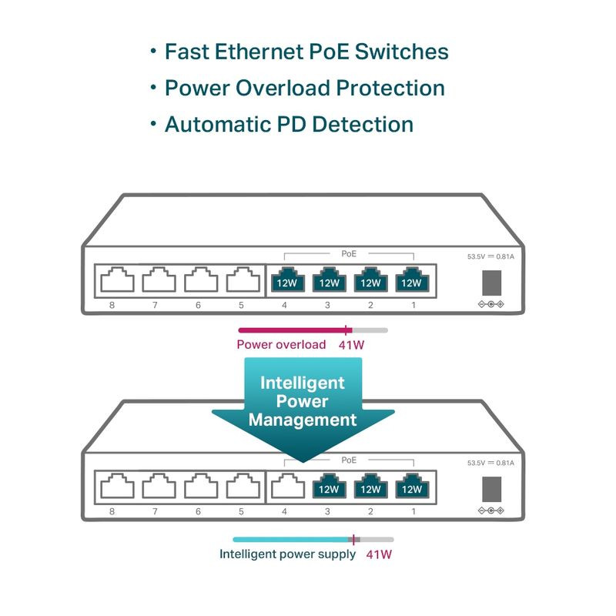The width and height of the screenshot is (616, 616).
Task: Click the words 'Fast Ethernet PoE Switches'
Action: click(x=306, y=52)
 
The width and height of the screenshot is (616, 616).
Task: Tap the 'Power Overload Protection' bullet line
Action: click(x=305, y=88)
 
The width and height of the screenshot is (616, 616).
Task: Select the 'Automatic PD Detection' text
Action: click(x=289, y=124)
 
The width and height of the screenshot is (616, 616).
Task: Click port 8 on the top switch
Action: click(x=116, y=280)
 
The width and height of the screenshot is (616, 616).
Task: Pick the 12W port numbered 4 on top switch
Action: click(x=286, y=280)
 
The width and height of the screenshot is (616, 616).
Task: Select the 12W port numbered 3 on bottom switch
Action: click(x=329, y=487)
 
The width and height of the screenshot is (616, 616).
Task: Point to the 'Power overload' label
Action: click(x=281, y=344)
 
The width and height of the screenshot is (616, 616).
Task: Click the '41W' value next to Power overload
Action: click(x=351, y=344)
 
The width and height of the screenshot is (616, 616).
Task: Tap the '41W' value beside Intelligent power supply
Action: click(x=379, y=554)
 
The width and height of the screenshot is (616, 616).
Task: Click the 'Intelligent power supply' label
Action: click(x=288, y=554)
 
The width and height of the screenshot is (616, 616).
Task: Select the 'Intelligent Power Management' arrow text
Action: click(x=303, y=401)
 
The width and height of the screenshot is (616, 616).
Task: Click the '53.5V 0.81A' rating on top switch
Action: click(x=490, y=256)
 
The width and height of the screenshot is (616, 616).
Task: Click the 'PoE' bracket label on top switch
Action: click(x=349, y=253)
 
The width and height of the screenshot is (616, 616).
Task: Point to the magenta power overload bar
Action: click(x=293, y=330)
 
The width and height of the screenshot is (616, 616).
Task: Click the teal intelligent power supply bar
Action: click(x=293, y=539)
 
